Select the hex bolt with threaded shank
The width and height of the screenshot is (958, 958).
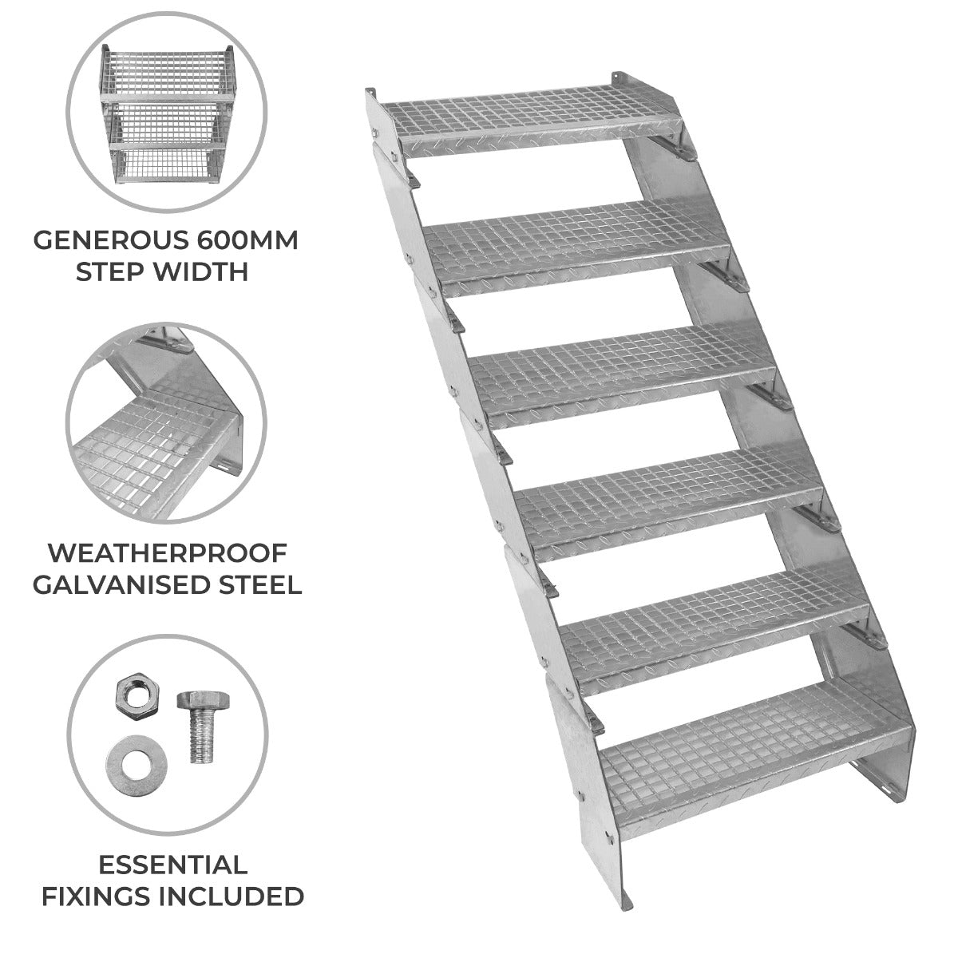pos(195,726)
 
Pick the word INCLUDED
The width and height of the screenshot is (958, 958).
pos(235,896)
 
